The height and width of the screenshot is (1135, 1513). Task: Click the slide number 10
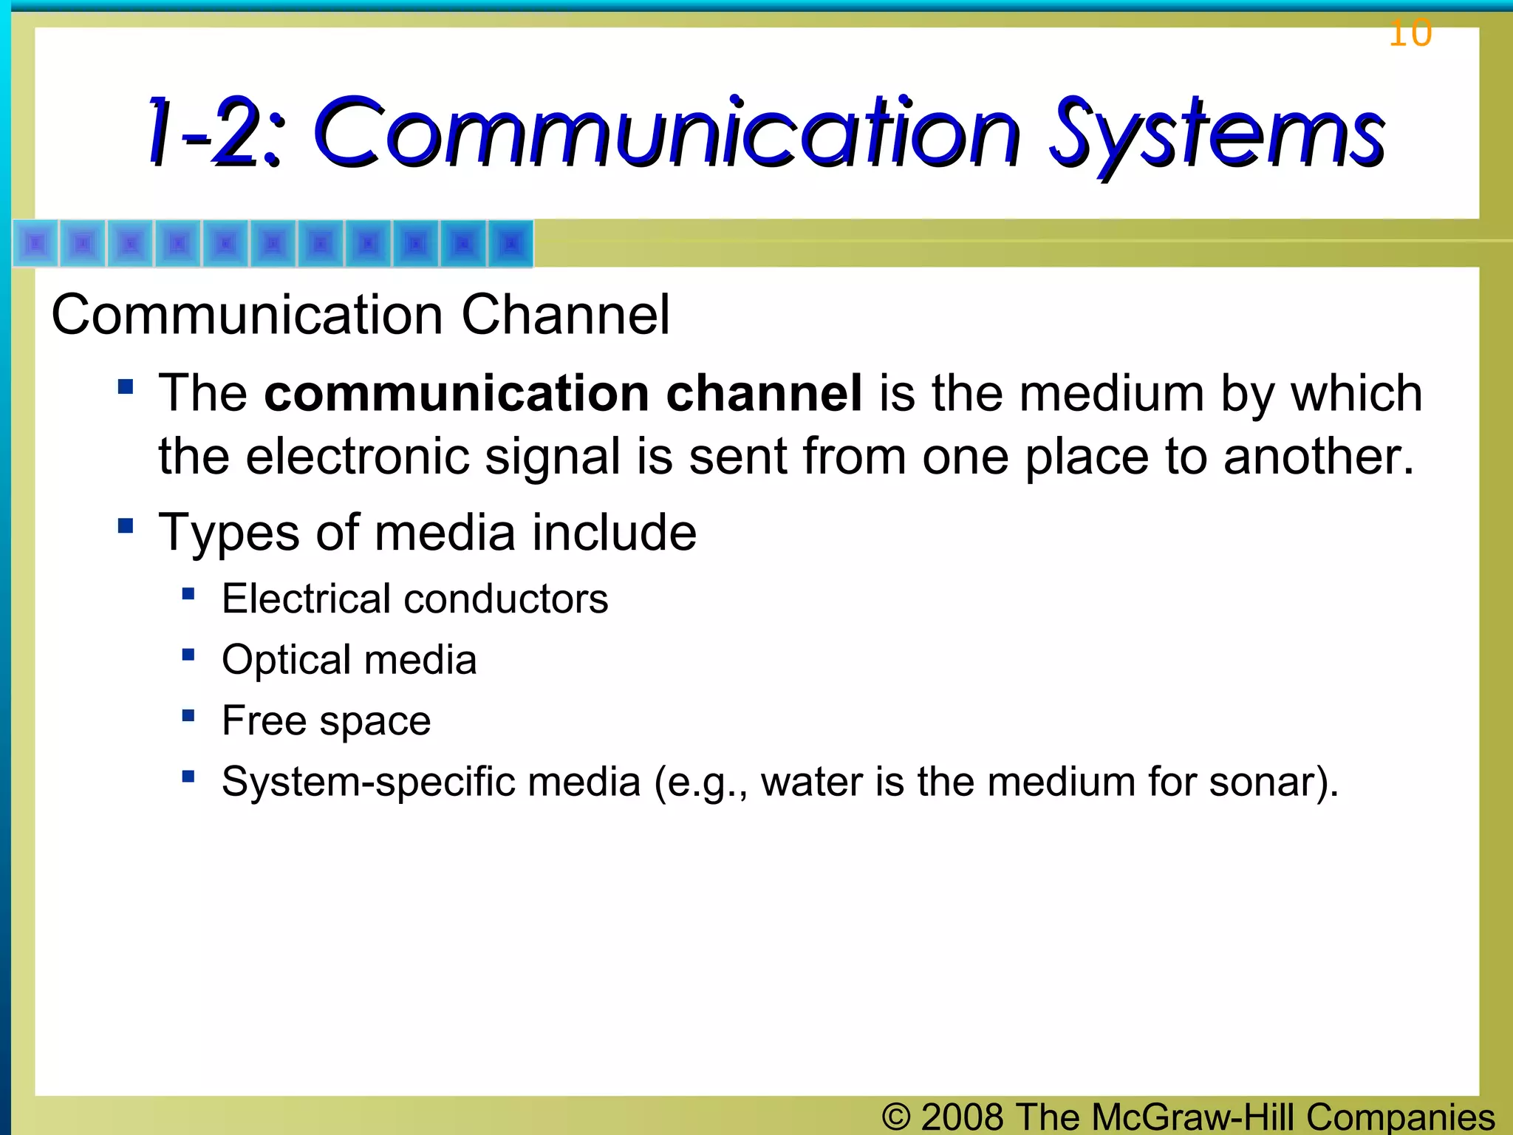tap(1410, 33)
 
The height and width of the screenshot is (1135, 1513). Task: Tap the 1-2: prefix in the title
tap(214, 133)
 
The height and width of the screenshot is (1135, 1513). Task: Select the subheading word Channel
tap(565, 315)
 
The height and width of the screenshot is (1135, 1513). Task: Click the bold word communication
tap(456, 392)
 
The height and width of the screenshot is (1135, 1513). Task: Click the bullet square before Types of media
tap(126, 526)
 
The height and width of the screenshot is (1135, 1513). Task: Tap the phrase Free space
tap(326, 720)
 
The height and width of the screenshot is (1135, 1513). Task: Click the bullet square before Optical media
tap(188, 655)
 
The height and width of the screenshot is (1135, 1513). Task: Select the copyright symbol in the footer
tap(896, 1116)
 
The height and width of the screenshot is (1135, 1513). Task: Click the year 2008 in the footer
tap(962, 1116)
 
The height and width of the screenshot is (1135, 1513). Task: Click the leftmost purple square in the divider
tap(35, 243)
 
